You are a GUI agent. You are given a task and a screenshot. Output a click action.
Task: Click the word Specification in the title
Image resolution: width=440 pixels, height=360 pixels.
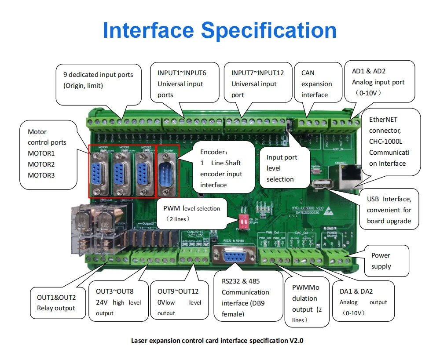pyautogui.click(x=269, y=30)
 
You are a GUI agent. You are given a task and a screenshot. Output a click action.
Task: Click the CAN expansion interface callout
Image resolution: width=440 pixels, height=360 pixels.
pyautogui.click(x=317, y=84)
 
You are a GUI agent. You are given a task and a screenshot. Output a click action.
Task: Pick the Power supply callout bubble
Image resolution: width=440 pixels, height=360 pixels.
pyautogui.click(x=381, y=261)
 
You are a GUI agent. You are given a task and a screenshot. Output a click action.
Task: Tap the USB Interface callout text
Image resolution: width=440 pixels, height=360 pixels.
pyautogui.click(x=389, y=210)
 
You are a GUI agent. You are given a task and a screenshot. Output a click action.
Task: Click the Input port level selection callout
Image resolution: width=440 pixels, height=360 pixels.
pyautogui.click(x=282, y=168)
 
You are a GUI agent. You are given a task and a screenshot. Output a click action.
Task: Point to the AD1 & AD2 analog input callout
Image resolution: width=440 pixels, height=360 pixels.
pyautogui.click(x=378, y=82)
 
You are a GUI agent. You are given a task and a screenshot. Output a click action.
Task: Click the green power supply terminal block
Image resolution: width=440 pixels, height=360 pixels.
pyautogui.click(x=335, y=257)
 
